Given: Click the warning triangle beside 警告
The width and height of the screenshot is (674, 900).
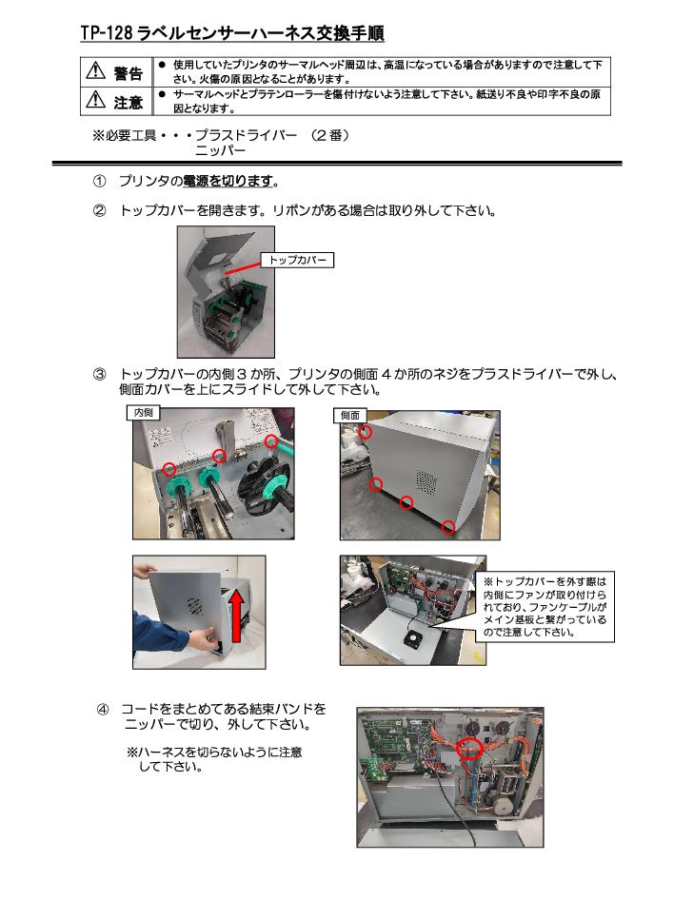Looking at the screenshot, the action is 95,70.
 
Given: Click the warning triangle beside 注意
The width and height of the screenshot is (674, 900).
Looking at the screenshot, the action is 95,100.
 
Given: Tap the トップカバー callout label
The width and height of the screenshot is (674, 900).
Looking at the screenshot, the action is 297,260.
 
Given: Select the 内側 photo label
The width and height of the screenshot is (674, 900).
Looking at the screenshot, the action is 143,413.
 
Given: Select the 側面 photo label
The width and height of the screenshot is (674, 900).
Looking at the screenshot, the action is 349,415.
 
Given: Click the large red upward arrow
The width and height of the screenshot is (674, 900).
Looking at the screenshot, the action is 235,616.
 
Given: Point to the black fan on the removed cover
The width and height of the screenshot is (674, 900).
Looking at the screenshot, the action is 414,638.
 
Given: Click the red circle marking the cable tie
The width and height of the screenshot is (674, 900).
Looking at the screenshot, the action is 470,748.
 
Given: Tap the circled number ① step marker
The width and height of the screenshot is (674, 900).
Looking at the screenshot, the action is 99,182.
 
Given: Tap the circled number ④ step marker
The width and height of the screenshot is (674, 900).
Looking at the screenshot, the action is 103,710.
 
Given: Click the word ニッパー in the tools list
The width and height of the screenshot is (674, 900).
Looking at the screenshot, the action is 221,151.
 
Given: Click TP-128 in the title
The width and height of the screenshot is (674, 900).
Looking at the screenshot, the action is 107,33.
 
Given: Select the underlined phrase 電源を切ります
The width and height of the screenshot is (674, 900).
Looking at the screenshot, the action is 228,182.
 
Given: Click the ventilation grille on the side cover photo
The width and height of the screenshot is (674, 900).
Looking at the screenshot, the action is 426,482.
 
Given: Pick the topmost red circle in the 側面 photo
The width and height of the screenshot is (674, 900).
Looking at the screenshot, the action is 366,432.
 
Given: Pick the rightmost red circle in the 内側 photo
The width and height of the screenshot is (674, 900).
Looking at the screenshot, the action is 271,441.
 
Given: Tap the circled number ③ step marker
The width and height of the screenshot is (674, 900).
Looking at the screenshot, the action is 99,375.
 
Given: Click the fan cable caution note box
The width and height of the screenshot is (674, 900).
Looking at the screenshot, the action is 545,607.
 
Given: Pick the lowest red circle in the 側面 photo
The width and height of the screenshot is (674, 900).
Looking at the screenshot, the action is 448,527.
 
